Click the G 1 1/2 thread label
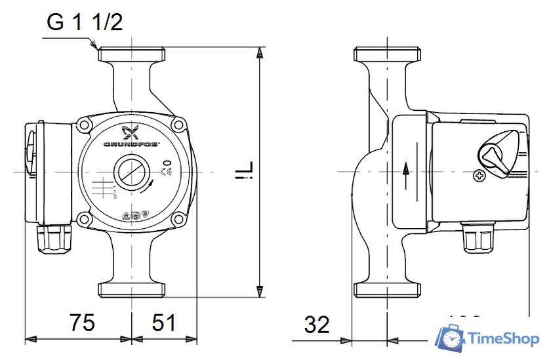coord(85,22)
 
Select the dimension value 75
coord(82,323)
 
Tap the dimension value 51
coord(164,323)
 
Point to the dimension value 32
coord(317,324)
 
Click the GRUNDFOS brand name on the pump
coord(131,144)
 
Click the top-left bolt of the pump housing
coord(85,124)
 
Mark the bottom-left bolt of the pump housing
coord(85,219)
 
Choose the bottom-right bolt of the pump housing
coord(177,219)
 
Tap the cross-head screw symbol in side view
coord(479,176)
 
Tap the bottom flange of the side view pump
coord(387,290)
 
